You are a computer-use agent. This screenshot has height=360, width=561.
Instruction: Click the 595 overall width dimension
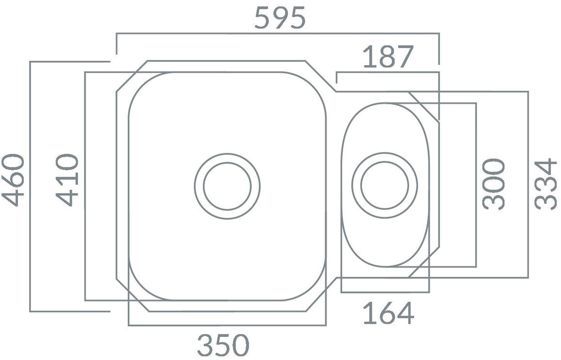280,18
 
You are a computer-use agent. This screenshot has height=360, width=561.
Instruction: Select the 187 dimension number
388,57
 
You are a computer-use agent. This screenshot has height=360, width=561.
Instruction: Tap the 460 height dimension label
13,180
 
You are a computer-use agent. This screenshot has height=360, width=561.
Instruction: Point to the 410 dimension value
67,180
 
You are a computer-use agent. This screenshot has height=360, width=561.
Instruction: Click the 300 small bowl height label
494,184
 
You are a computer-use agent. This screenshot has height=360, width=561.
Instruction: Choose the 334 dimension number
545,184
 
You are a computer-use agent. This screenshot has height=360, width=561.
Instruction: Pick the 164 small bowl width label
389,313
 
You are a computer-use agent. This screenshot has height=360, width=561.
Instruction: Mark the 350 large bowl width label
223,345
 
